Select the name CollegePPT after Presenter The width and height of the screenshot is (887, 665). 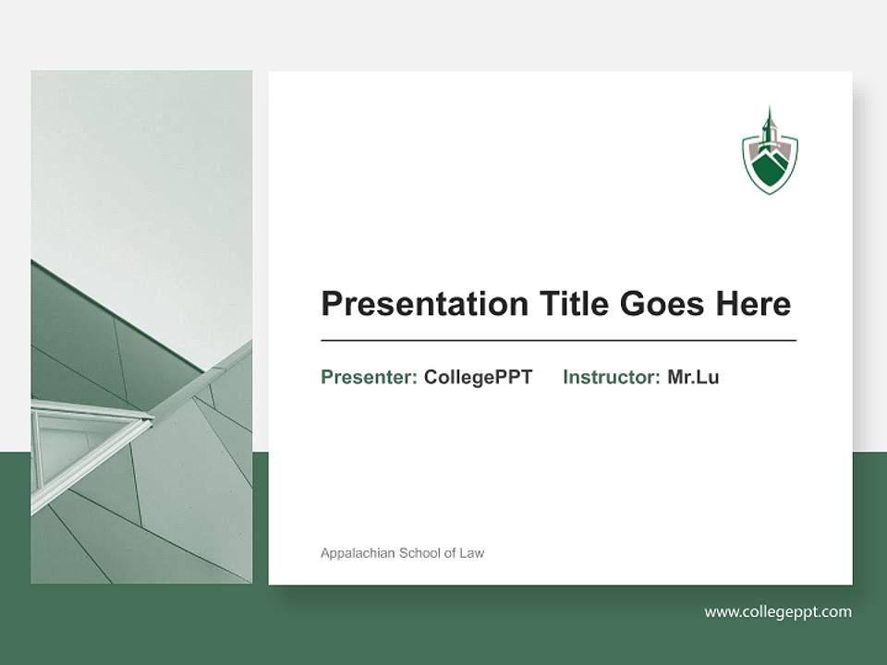[478, 377]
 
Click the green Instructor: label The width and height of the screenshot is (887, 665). [612, 377]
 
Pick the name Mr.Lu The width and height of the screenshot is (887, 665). [693, 377]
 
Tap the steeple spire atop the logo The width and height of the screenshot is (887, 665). [769, 118]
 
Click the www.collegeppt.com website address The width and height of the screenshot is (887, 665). [778, 611]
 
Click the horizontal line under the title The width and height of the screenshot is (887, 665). [558, 341]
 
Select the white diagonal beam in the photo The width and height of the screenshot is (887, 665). [199, 379]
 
